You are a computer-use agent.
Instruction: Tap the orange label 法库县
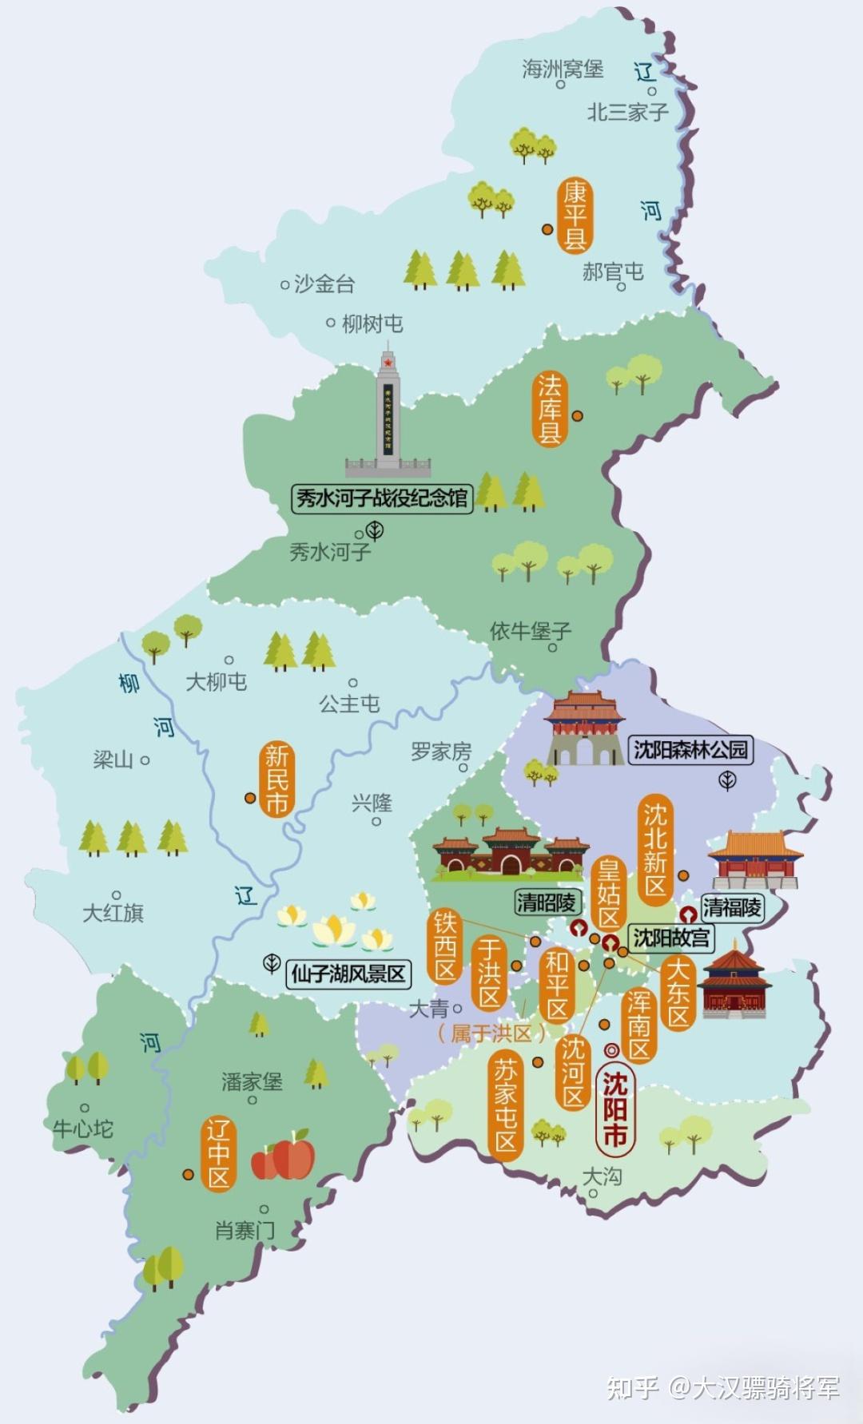[550, 409]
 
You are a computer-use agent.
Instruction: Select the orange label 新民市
[276, 779]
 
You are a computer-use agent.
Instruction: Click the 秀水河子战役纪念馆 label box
[382, 499]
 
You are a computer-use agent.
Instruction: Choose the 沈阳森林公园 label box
[690, 749]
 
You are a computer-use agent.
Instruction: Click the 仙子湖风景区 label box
[348, 974]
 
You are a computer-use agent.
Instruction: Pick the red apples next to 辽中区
[284, 1156]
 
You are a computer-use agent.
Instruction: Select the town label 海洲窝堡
[563, 69]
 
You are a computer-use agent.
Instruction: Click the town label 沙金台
[324, 284]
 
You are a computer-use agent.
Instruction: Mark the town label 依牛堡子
[531, 631]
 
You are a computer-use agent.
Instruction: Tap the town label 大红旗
[113, 913]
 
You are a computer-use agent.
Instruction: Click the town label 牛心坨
[83, 1128]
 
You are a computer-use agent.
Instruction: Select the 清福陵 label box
[732, 906]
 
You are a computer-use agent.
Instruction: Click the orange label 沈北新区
[654, 850]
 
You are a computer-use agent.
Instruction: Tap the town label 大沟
[602, 1176]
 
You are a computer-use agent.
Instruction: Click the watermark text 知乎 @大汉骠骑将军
[723, 1388]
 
